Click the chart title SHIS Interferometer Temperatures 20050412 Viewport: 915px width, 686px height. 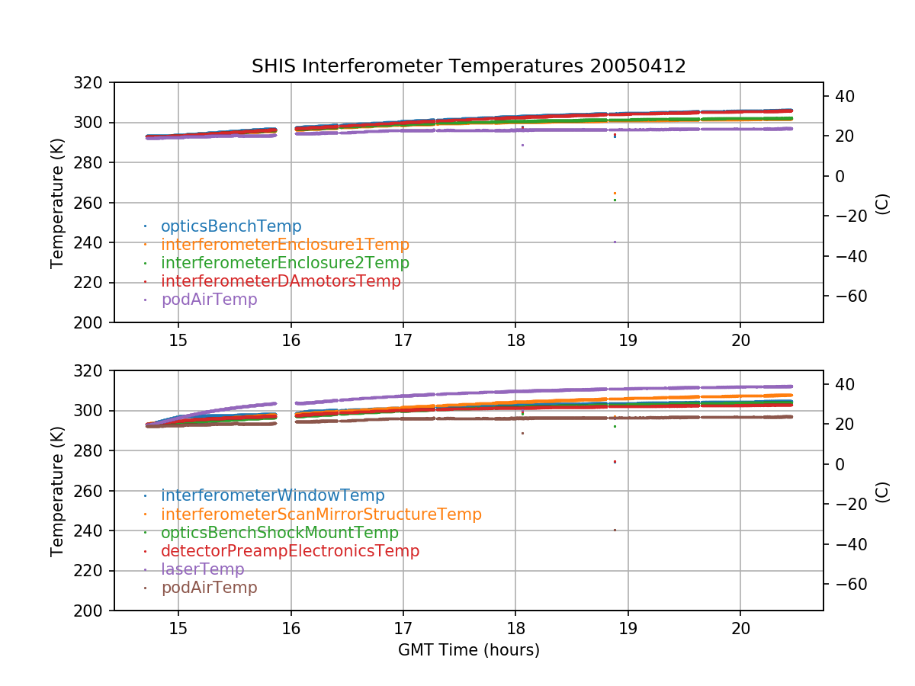coord(468,66)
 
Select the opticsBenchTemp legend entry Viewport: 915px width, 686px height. coord(231,226)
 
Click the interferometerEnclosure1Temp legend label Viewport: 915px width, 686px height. coord(284,245)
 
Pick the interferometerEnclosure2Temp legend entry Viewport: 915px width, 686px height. coord(284,263)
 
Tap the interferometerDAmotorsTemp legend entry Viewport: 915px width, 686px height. coord(281,281)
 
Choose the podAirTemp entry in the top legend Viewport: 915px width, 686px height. coord(209,300)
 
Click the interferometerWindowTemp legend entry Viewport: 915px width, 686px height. coord(272,496)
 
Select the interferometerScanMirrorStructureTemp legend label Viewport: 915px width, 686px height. coord(321,514)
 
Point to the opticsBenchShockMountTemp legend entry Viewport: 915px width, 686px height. coord(279,533)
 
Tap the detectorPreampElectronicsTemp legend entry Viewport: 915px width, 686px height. coord(290,551)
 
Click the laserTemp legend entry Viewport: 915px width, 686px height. coord(202,569)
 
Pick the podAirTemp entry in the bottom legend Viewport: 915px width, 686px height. coord(209,588)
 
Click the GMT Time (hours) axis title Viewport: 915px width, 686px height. coord(468,650)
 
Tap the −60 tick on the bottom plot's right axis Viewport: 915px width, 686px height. coord(849,584)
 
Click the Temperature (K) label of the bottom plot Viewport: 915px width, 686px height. coord(57,490)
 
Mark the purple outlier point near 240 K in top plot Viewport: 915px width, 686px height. coord(615,242)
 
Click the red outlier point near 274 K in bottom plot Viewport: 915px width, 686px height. coord(615,462)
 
